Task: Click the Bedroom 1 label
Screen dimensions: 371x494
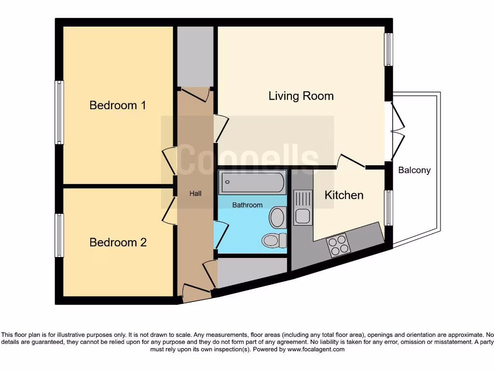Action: click(x=118, y=105)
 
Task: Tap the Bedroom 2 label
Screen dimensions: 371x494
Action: click(x=118, y=243)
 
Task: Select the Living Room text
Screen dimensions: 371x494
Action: click(x=301, y=96)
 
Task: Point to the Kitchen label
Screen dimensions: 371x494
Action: click(x=344, y=195)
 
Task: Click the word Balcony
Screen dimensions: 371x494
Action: click(x=414, y=170)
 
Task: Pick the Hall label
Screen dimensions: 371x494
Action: click(x=195, y=194)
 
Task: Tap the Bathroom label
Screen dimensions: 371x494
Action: click(x=247, y=205)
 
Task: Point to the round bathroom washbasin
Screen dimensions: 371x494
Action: click(x=277, y=217)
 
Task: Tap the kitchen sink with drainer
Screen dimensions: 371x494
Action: click(x=303, y=208)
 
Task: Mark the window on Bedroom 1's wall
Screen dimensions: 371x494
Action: click(x=59, y=112)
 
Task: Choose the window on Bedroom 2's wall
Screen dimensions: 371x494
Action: click(x=59, y=235)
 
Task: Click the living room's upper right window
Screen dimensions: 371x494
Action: click(x=388, y=49)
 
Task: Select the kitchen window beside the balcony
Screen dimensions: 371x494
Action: click(x=388, y=208)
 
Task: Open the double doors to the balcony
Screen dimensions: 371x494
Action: click(x=397, y=129)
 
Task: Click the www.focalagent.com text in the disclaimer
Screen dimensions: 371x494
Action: click(x=316, y=349)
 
